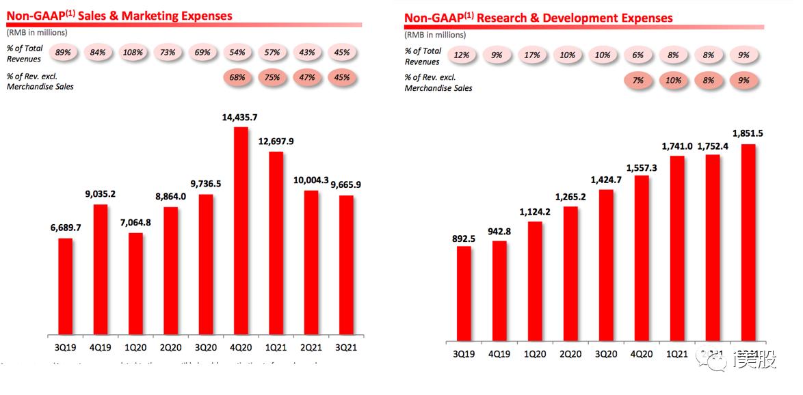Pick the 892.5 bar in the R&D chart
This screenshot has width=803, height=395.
[463, 293]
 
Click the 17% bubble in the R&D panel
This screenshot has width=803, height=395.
[531, 55]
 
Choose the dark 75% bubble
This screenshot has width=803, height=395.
[272, 77]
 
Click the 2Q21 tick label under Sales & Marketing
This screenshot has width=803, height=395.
[311, 346]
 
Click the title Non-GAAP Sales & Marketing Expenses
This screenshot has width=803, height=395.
[120, 16]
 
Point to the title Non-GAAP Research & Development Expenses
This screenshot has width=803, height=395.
[538, 18]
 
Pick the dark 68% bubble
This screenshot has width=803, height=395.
[237, 77]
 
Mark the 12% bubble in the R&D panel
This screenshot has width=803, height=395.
[462, 55]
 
